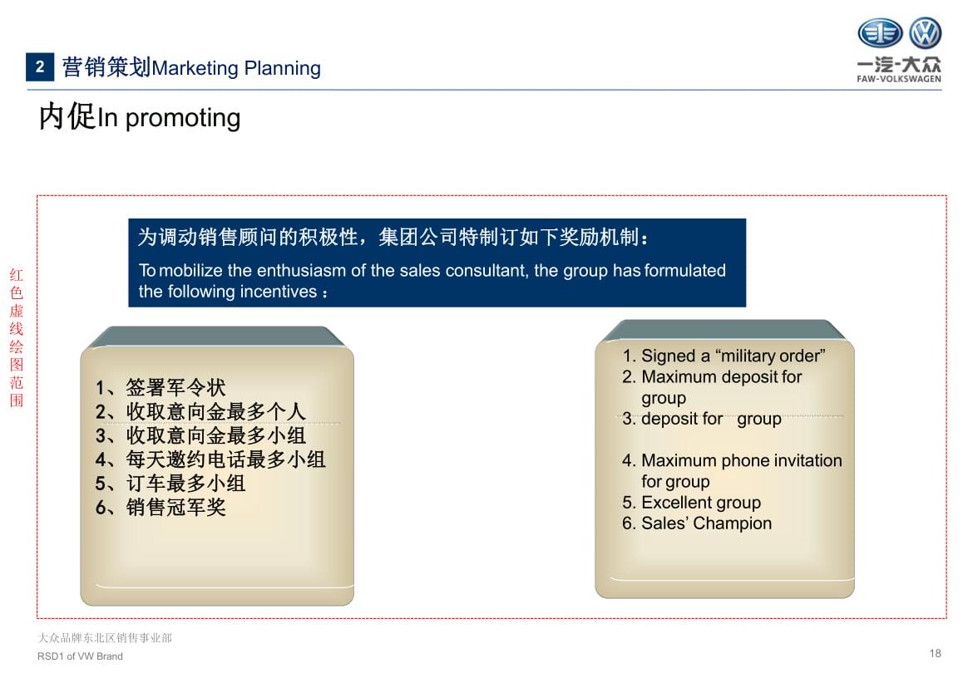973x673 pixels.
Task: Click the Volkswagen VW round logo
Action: (x=926, y=33)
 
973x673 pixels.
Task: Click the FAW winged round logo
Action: (x=880, y=33)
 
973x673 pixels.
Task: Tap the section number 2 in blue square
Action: (x=40, y=67)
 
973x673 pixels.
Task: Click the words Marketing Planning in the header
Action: (x=236, y=67)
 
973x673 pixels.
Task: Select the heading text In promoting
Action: (x=169, y=117)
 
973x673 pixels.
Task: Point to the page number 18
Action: (x=935, y=653)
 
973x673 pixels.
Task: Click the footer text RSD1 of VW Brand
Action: (x=80, y=656)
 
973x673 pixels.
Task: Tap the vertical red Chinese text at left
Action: (x=17, y=337)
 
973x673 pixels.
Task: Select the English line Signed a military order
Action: (x=724, y=356)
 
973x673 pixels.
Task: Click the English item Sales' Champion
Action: (x=697, y=523)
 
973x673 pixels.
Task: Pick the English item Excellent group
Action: (x=691, y=502)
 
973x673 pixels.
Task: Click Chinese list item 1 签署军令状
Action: (x=161, y=387)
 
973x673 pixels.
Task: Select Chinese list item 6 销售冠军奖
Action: (x=161, y=507)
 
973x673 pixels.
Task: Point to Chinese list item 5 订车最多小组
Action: (x=170, y=484)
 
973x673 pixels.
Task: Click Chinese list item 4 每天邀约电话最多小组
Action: (x=210, y=459)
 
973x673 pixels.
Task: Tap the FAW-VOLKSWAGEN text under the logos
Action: (x=898, y=79)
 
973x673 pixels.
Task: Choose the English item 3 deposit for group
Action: (x=702, y=419)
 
